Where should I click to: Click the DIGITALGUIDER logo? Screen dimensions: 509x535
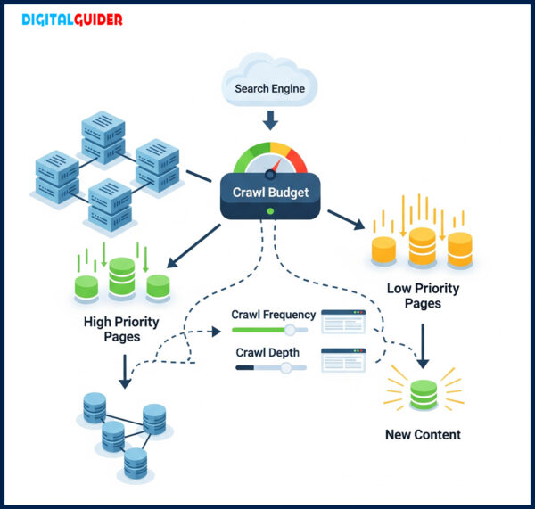[71, 20]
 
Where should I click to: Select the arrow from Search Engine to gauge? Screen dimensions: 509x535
[269, 119]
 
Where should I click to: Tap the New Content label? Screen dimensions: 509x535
[423, 435]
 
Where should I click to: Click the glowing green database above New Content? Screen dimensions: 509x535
[424, 395]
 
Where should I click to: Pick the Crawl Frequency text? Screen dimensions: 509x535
[272, 315]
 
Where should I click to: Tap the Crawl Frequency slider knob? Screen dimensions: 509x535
[289, 330]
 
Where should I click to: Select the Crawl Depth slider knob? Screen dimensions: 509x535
[285, 367]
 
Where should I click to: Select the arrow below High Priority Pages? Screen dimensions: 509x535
[125, 371]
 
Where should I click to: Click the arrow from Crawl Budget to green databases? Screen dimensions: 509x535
[193, 245]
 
